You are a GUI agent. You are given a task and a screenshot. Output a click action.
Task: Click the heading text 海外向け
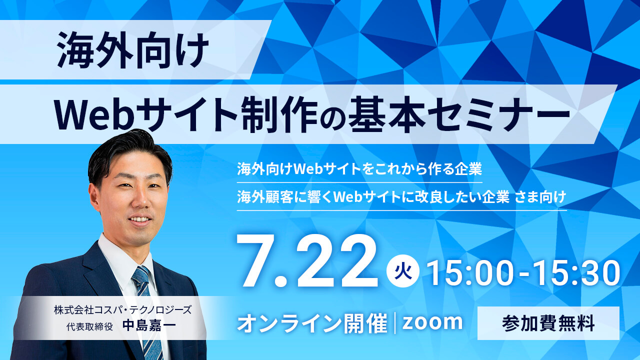click(x=132, y=50)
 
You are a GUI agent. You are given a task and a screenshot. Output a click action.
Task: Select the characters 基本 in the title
click(x=386, y=114)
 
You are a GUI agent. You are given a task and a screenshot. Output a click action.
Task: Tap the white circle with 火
click(x=403, y=271)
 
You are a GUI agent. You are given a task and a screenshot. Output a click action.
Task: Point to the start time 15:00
click(x=471, y=273)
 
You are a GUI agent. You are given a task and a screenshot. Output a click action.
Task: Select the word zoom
click(x=432, y=322)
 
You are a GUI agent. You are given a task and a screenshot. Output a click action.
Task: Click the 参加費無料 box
click(x=548, y=323)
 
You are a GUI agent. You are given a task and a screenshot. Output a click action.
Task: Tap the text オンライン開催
click(x=312, y=323)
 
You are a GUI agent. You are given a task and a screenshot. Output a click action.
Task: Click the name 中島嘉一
click(x=149, y=325)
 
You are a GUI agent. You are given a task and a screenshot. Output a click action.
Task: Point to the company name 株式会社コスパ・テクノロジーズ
click(x=123, y=309)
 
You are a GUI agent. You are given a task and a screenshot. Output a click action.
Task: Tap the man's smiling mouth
click(x=139, y=219)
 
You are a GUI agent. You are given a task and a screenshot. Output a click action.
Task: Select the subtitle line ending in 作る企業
click(x=359, y=168)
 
